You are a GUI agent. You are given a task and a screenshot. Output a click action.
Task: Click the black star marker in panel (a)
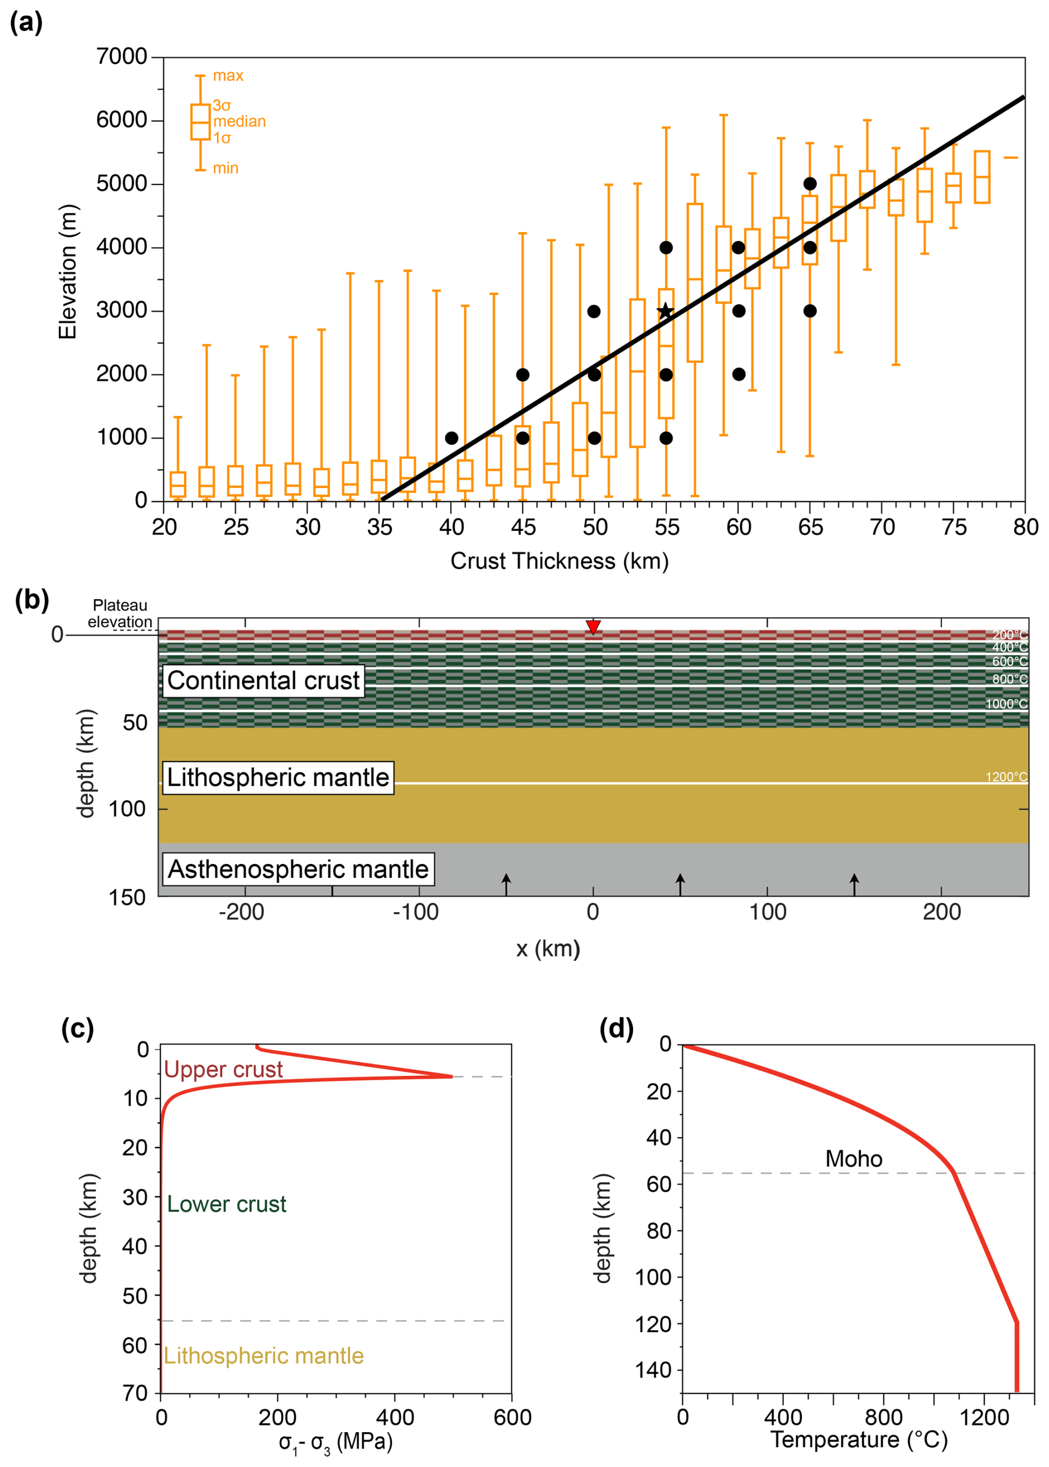coord(665,311)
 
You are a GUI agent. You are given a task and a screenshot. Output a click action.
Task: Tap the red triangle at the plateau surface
coord(593,626)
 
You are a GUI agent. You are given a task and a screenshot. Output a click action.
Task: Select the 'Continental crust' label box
coord(263,681)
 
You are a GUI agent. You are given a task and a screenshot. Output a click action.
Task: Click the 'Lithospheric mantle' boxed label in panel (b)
coord(278,778)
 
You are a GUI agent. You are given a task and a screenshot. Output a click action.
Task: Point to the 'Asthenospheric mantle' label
coord(298,869)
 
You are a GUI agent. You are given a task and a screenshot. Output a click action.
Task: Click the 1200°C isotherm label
coord(1006,777)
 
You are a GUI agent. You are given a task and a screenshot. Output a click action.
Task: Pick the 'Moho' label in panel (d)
coord(853,1158)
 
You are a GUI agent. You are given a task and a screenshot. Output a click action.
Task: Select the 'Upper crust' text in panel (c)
coord(223,1069)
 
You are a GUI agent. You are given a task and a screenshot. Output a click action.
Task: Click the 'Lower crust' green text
coord(226,1204)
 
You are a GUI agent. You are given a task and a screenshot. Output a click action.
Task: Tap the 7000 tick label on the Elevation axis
coord(121,57)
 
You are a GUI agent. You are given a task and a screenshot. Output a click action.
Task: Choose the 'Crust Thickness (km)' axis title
coord(559,560)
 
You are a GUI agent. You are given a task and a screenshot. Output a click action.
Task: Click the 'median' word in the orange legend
coord(239,121)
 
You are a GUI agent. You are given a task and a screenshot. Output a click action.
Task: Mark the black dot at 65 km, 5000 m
coord(810,184)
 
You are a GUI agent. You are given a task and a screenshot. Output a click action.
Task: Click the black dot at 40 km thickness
coord(451,438)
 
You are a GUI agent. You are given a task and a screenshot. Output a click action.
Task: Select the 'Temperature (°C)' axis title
coord(858,1439)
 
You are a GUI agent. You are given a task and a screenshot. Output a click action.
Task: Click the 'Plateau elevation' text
coord(120,614)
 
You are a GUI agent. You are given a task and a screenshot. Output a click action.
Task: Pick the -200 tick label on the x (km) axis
coord(241,912)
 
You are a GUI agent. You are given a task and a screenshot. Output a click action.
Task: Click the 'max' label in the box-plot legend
coord(228,75)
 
